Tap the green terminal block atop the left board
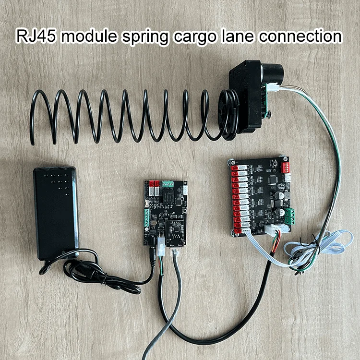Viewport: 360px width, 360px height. click(x=168, y=183)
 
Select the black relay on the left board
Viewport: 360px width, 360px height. click(x=166, y=196)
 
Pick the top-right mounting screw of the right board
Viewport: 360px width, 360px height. click(x=286, y=158)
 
